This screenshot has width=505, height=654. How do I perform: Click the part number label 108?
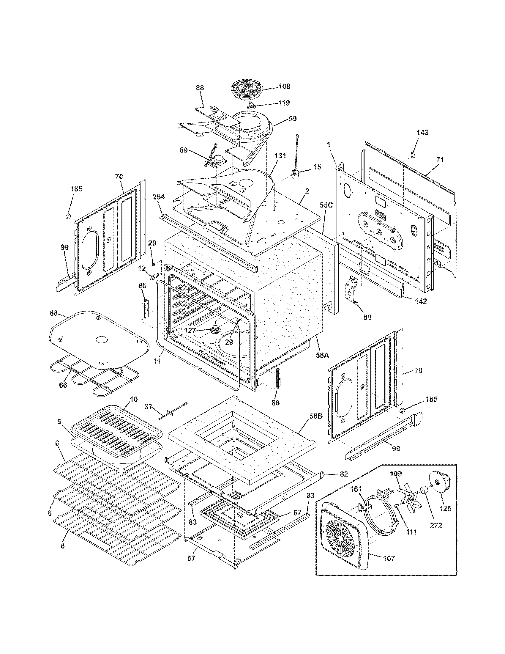click(284, 87)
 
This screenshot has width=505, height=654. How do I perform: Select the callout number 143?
click(422, 132)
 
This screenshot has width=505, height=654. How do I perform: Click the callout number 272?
click(435, 525)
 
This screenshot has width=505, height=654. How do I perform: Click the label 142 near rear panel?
click(421, 301)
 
